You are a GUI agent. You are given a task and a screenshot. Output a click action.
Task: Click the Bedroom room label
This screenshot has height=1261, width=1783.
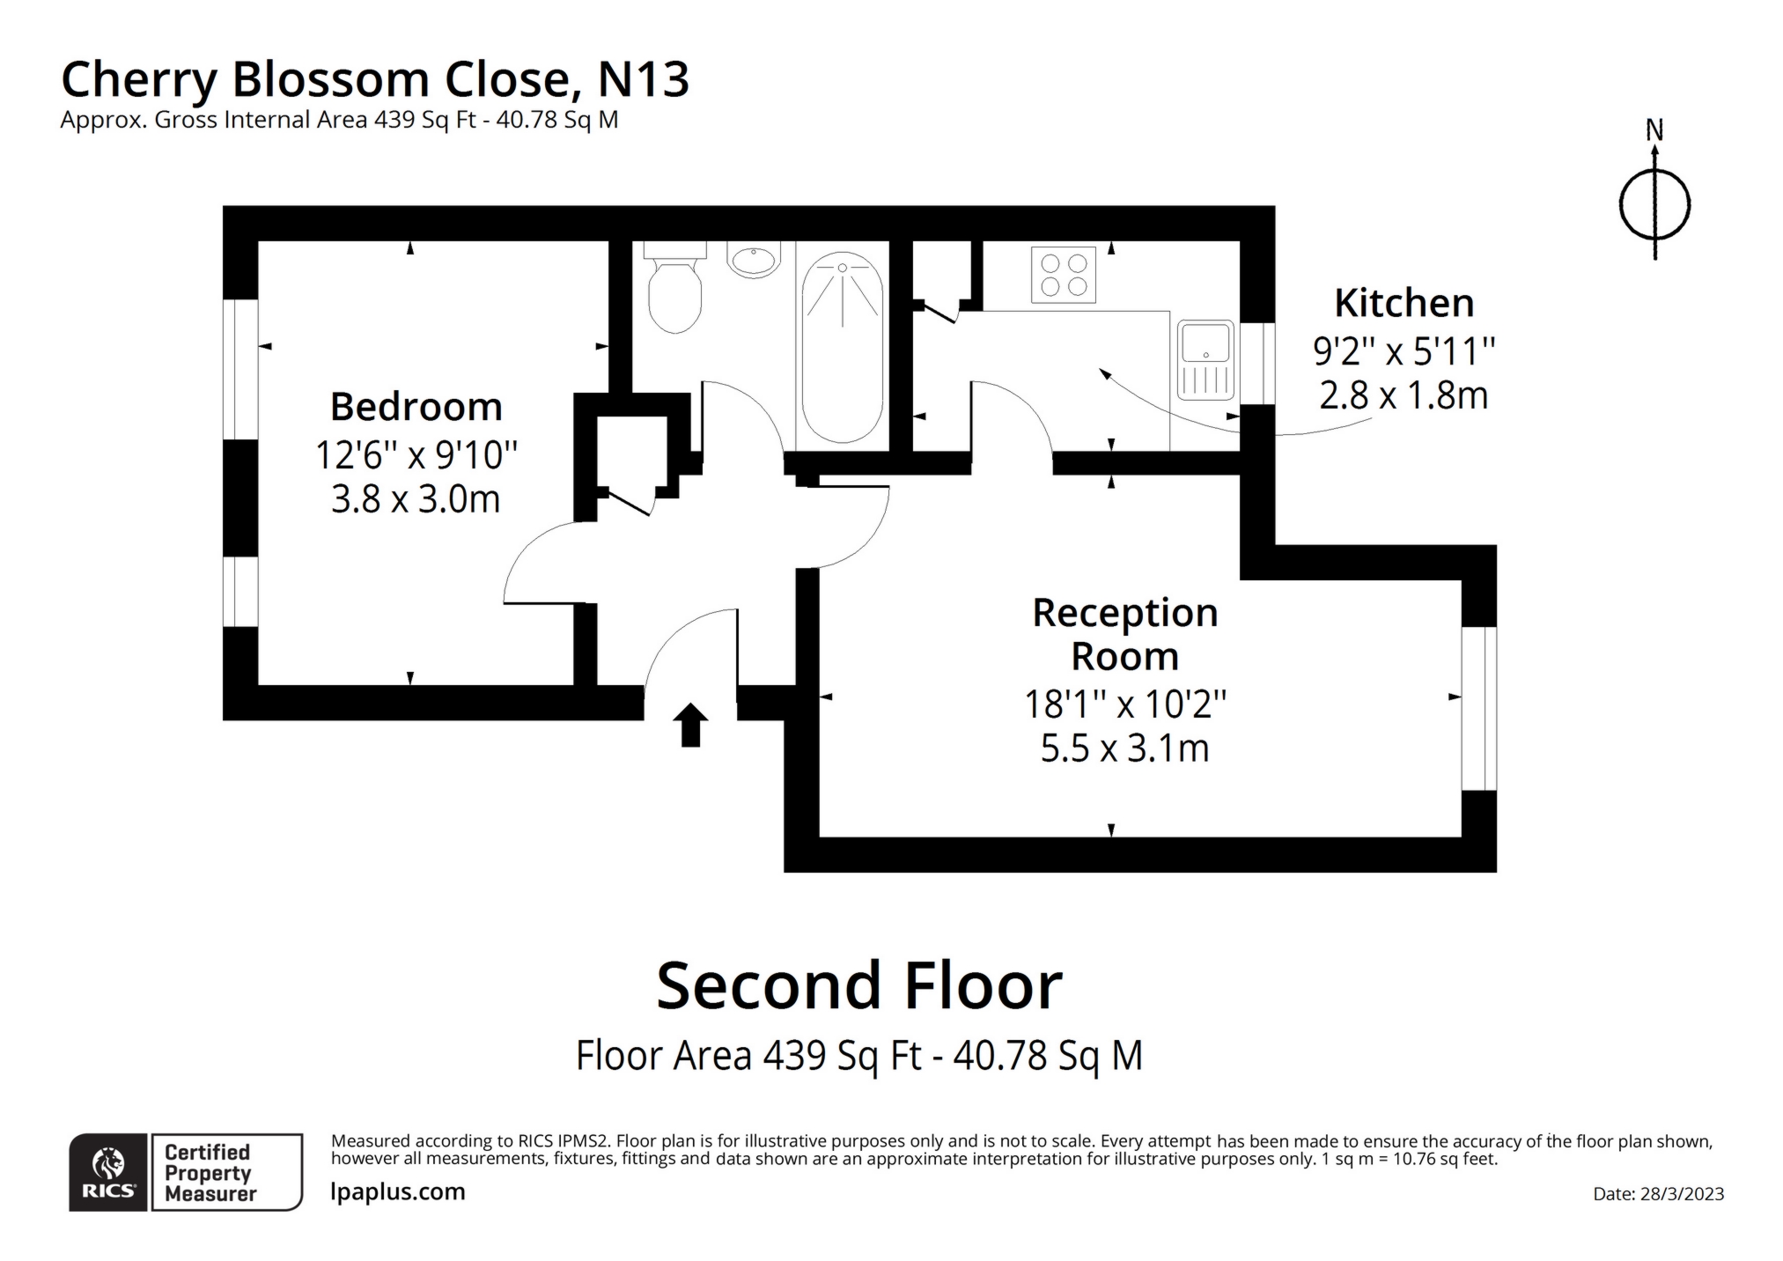[x=416, y=407]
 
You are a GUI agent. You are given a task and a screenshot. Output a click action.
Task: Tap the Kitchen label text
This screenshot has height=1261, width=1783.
[x=1404, y=303]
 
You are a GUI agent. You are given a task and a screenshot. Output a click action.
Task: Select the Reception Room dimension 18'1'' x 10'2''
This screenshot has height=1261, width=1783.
[x=1124, y=704]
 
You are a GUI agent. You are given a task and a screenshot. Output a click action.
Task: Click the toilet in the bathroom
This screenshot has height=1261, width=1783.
[x=674, y=290]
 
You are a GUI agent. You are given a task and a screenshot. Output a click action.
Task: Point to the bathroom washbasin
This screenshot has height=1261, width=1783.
[x=754, y=260]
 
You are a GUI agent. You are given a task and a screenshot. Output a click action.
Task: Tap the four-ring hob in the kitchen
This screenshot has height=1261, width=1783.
[x=1063, y=275]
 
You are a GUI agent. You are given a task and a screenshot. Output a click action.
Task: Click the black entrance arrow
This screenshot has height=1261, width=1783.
[x=690, y=724]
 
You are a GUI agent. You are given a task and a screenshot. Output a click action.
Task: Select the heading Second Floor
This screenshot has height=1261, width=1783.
[x=858, y=985]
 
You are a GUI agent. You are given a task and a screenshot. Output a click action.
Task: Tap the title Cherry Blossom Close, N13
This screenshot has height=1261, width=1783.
[x=374, y=79]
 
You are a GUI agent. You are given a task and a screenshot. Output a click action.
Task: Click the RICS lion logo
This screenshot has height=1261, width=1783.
[x=108, y=1172]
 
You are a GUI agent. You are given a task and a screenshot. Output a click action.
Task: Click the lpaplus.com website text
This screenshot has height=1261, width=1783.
[x=397, y=1191]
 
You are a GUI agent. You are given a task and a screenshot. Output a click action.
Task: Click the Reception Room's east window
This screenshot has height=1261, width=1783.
[x=1479, y=708]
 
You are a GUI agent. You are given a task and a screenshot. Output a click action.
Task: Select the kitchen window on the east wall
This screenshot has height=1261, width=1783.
[x=1257, y=363]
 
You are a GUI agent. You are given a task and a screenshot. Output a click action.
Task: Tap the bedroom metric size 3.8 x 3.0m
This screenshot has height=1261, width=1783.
[x=416, y=499]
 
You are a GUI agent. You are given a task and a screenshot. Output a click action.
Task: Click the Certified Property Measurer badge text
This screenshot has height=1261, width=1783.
[x=210, y=1173]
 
